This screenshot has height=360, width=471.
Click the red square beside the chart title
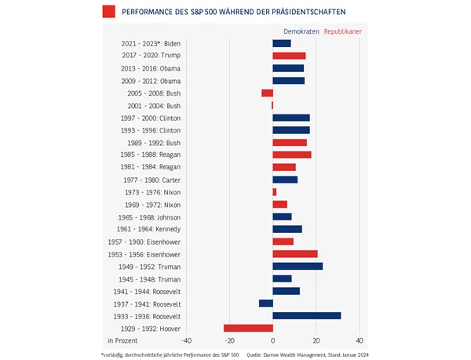108,11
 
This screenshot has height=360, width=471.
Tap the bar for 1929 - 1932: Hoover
248,328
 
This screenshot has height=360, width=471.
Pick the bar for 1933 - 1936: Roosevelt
307,315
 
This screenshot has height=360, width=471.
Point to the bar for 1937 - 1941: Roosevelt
266,303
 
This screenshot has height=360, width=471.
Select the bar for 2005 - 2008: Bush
268,93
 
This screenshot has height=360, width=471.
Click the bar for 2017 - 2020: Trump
289,56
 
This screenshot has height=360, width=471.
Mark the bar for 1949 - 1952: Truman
298,266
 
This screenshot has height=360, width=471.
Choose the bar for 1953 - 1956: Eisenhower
295,253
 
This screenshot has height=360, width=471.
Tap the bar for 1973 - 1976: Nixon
275,191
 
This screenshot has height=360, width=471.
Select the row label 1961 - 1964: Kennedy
149,229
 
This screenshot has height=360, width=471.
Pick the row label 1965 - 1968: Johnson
149,216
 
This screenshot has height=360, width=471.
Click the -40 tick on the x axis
186,341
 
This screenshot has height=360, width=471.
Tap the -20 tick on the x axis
229,341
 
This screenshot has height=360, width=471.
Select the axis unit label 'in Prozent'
122,341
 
